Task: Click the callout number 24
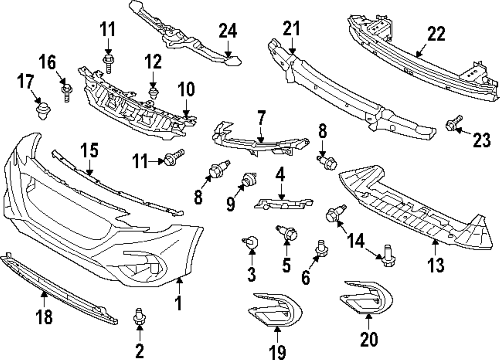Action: [x=228, y=31]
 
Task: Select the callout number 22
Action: [x=436, y=34]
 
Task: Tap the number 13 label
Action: [x=435, y=265]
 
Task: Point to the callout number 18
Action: [x=44, y=317]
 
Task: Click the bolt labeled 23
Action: [x=454, y=123]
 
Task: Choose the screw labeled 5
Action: [x=288, y=233]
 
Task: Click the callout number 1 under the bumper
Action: [x=179, y=303]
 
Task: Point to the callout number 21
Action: [x=292, y=28]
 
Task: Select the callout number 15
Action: [x=89, y=151]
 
